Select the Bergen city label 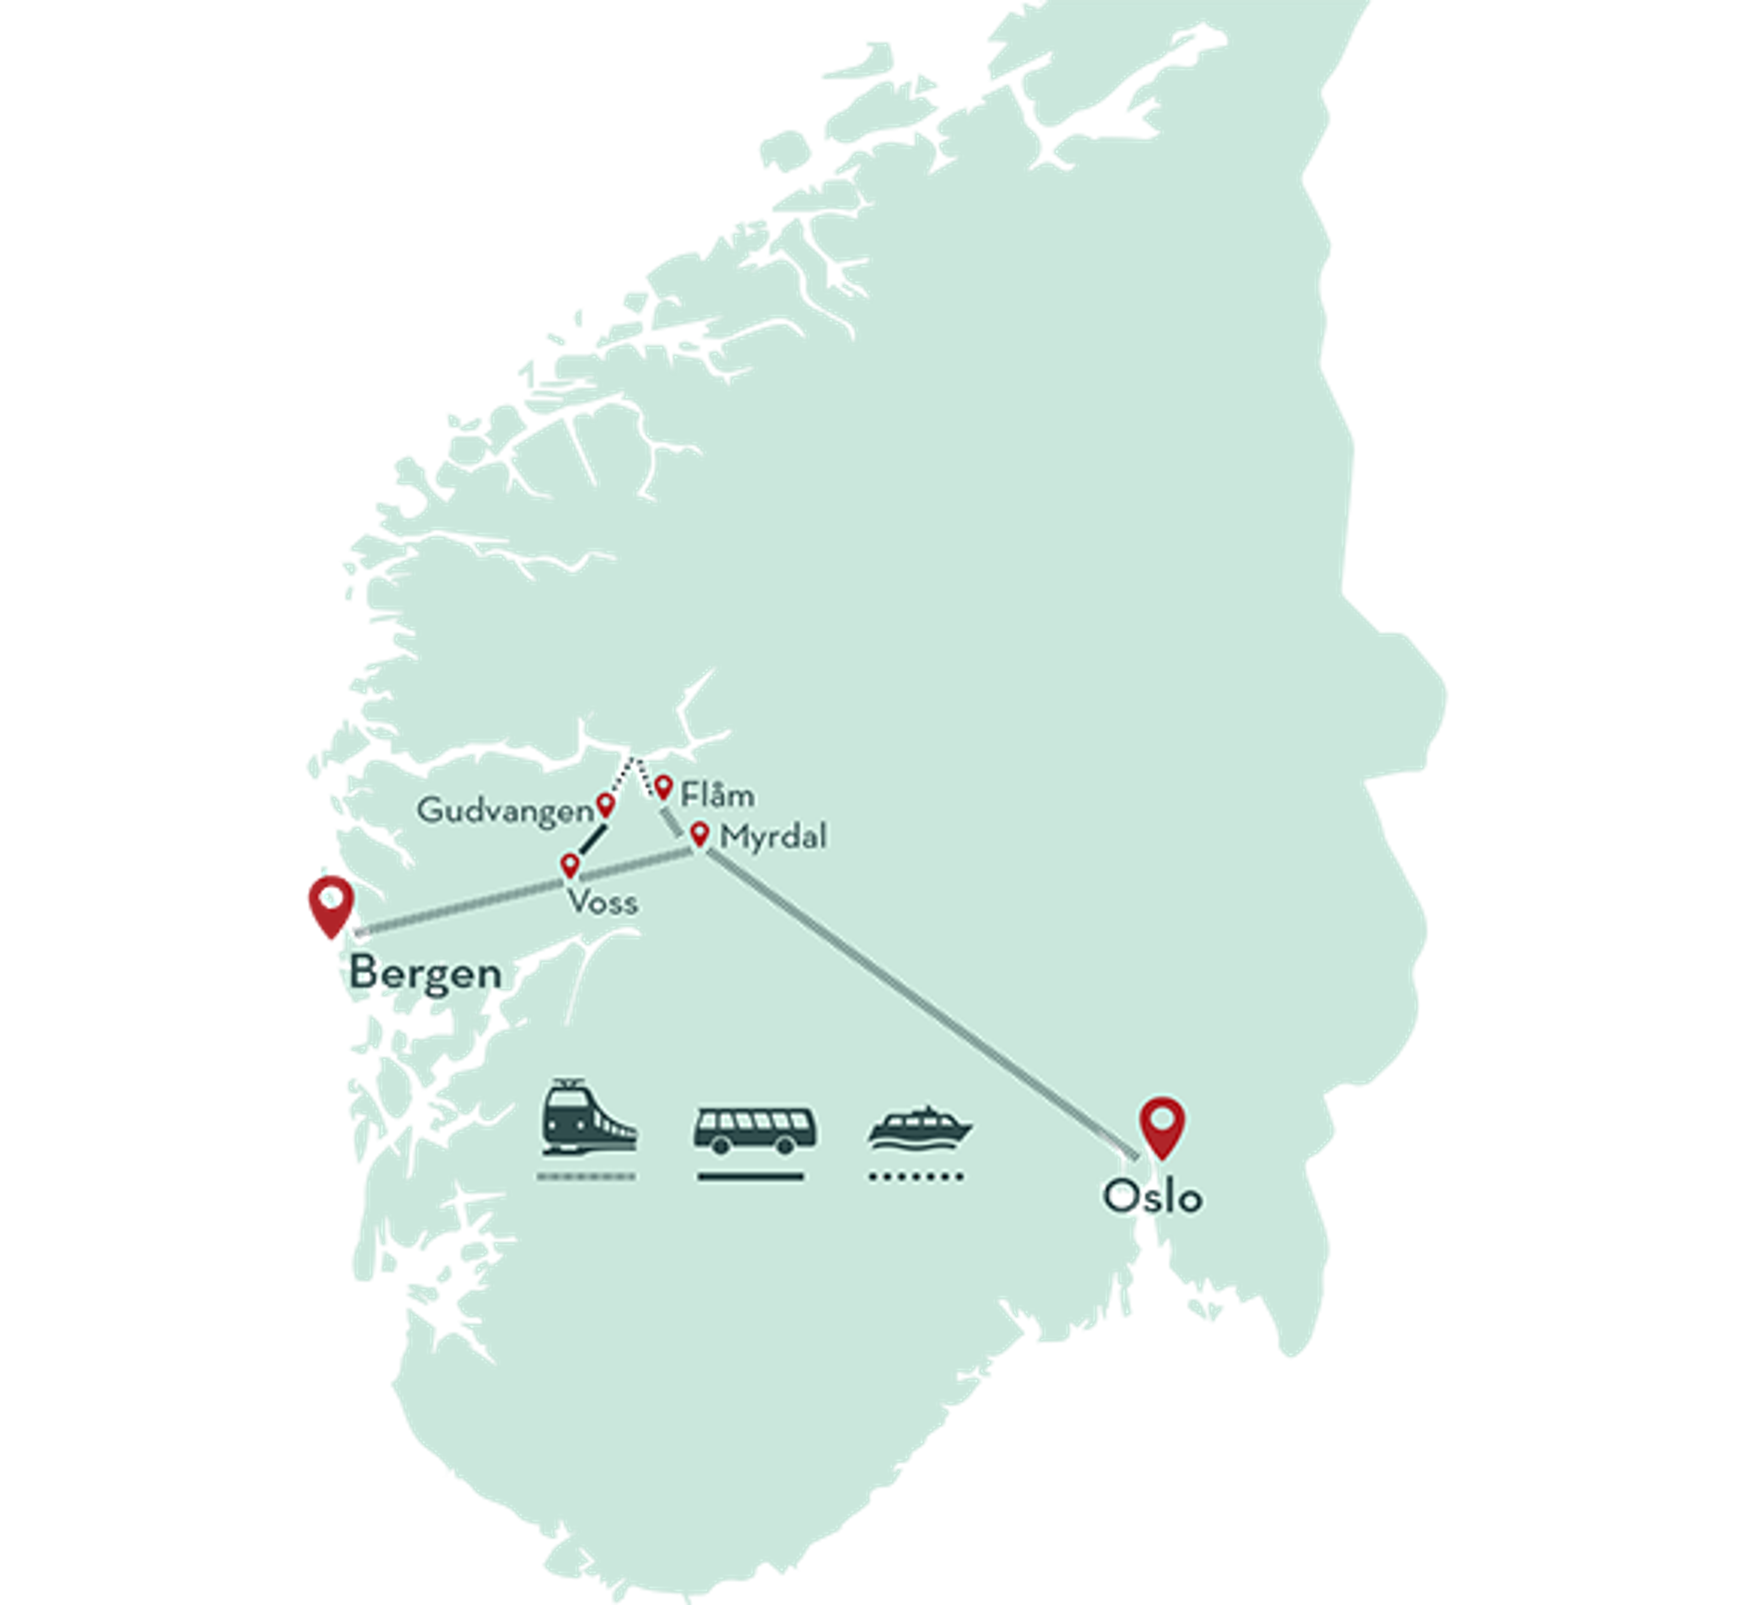click(426, 972)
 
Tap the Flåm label click(717, 794)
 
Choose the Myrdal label click(773, 837)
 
